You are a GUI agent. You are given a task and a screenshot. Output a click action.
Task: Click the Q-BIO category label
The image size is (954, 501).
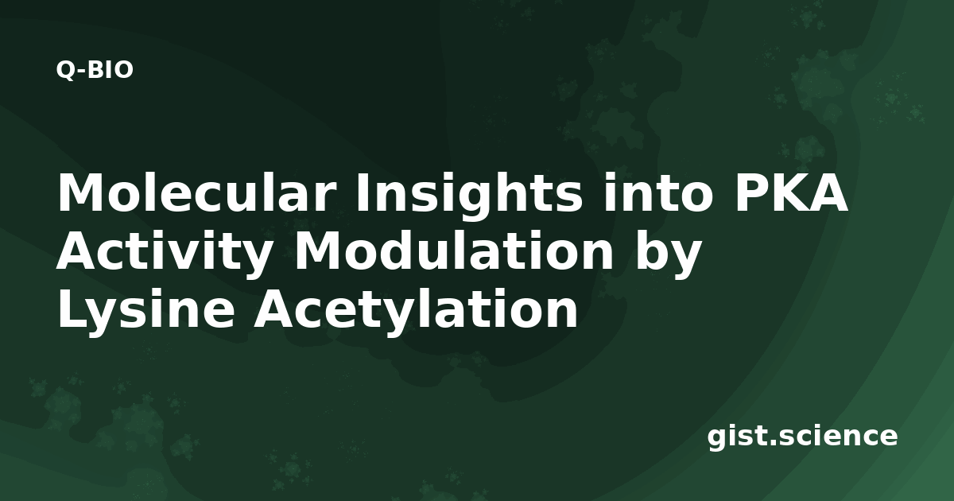click(95, 70)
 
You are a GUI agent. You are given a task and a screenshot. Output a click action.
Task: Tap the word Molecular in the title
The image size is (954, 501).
click(195, 192)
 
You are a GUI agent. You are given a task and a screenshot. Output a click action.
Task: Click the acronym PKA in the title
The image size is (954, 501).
click(792, 192)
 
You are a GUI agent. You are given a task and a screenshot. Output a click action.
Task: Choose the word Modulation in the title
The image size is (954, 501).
click(456, 250)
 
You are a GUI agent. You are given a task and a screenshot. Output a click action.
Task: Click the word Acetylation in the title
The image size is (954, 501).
click(416, 309)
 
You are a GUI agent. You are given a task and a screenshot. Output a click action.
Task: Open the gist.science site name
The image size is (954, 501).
click(802, 437)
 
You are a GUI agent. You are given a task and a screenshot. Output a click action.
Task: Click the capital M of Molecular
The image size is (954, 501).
click(81, 192)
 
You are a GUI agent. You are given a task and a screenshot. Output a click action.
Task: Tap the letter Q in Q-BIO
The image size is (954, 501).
click(65, 70)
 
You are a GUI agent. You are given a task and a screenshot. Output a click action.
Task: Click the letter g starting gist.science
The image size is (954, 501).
click(718, 441)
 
